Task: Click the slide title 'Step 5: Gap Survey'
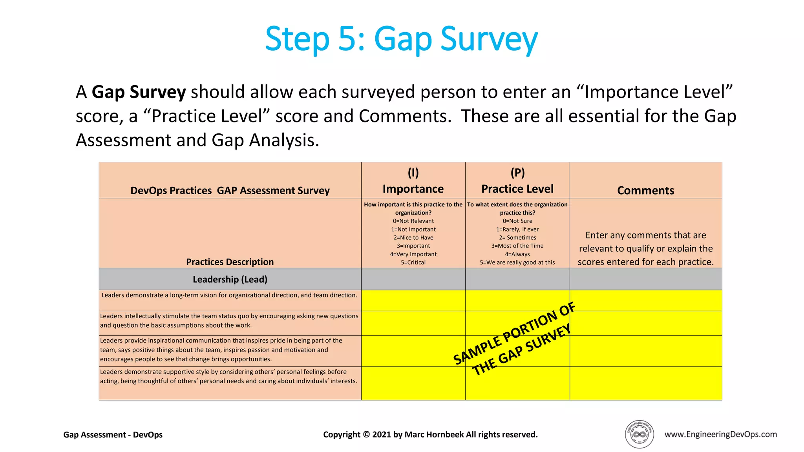tap(401, 39)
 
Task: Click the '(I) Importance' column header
tap(413, 181)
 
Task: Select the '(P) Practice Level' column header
tap(517, 181)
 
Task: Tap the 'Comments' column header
tap(645, 190)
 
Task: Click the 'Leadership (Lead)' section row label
tap(230, 279)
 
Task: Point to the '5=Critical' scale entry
tap(413, 262)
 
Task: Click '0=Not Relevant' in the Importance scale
tap(413, 221)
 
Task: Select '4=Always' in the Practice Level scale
tap(517, 254)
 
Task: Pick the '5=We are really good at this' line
tap(517, 262)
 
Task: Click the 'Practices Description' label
tap(230, 262)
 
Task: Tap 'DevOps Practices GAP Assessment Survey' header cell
tap(230, 190)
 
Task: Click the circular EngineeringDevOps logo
tap(639, 434)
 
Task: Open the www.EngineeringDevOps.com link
tap(720, 434)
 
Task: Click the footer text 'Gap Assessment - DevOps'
tap(113, 435)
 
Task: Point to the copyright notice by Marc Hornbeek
tap(430, 435)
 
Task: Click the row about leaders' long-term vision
tap(230, 295)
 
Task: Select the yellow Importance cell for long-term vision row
tap(413, 301)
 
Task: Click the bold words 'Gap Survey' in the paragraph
tap(139, 92)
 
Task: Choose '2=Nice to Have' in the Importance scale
tap(413, 237)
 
